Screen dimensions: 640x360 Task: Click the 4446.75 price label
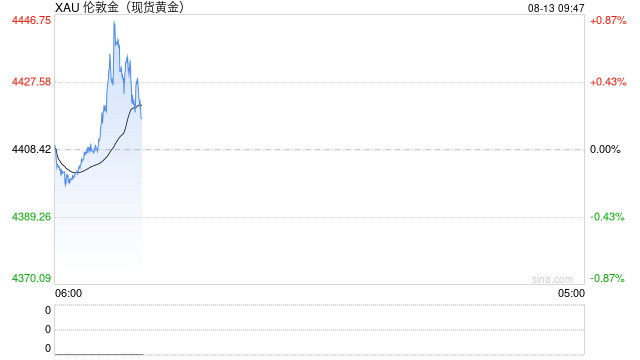tap(31, 20)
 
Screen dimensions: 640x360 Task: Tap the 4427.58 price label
tap(31, 82)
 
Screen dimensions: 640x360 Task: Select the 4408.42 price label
tap(31, 149)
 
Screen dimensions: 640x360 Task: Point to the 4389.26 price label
tap(31, 216)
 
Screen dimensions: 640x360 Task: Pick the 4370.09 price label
tap(31, 278)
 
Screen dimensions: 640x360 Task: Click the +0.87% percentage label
tap(608, 20)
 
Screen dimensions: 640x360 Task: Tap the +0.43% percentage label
tap(608, 82)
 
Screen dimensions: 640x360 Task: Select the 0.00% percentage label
tap(605, 149)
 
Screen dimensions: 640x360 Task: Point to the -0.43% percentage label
tap(607, 217)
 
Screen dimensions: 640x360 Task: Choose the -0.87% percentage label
tap(607, 278)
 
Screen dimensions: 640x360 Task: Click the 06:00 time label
tap(68, 293)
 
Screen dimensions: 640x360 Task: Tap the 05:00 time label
tap(571, 293)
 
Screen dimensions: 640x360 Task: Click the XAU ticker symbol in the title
tap(67, 7)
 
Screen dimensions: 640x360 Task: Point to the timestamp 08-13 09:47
tap(556, 8)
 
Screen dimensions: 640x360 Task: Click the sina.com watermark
tap(552, 279)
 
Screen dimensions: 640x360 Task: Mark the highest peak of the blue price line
tap(114, 22)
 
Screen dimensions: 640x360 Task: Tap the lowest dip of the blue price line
tap(66, 186)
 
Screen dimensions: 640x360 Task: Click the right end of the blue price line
tap(142, 118)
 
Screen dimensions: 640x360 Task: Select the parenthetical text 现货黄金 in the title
tap(155, 7)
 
